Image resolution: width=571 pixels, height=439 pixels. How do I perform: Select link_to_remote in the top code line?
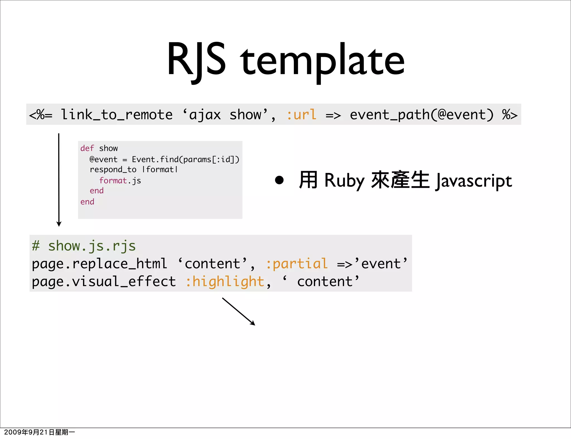coord(117,115)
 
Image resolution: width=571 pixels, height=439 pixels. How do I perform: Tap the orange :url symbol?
coord(302,115)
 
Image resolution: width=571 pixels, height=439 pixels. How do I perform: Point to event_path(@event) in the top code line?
coord(422,115)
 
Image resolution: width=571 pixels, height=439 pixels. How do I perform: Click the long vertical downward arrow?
coord(59,180)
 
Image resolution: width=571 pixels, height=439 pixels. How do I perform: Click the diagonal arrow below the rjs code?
coord(238,311)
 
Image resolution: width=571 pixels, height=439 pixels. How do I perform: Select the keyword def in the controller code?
coord(87,148)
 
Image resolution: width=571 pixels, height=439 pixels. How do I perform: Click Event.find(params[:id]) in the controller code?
coord(185,159)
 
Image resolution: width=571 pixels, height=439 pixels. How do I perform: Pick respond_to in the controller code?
coord(113,170)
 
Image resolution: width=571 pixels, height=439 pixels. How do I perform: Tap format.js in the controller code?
coord(120,181)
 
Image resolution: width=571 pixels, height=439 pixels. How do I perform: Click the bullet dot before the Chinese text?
coord(279,180)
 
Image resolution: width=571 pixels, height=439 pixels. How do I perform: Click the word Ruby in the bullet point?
coord(344,181)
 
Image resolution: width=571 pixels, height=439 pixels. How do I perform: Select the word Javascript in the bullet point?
coord(474,181)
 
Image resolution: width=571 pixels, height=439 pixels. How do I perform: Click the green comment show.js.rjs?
coord(84,246)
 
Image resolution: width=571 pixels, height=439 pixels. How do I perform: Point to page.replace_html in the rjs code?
coord(99,264)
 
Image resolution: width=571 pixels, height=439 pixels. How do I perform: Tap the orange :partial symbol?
coord(297,264)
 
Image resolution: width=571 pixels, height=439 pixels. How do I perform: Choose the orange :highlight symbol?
coord(225,282)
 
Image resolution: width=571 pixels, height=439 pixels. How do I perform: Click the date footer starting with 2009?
coord(39,432)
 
